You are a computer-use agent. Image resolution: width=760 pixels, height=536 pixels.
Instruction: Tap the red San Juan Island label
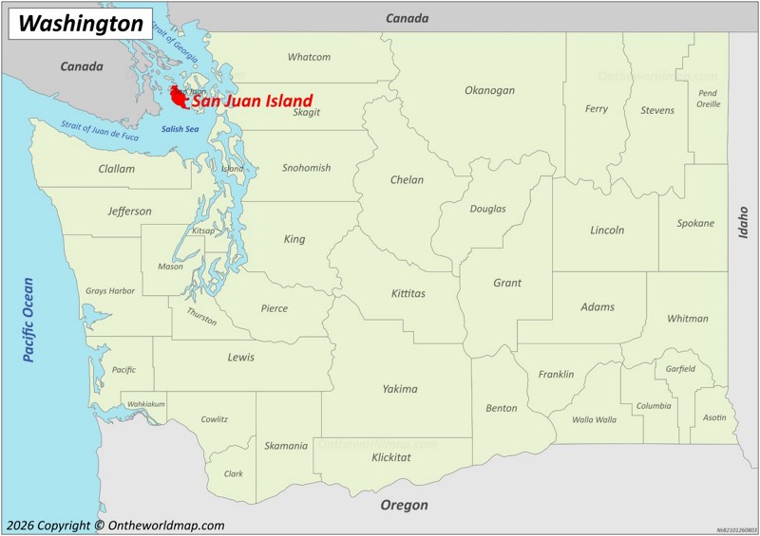tap(252, 100)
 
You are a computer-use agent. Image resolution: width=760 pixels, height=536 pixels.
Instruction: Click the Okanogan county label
tap(489, 90)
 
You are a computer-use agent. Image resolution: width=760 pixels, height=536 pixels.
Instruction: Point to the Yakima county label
tap(400, 389)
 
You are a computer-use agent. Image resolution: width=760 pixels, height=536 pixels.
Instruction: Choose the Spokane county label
tap(695, 223)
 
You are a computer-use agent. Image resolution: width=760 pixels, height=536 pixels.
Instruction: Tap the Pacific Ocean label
tap(28, 319)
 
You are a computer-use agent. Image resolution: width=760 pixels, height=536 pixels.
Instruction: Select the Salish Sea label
tap(180, 129)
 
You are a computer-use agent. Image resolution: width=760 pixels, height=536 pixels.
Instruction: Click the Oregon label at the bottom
tap(404, 505)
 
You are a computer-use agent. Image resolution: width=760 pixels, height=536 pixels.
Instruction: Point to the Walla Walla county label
tap(594, 419)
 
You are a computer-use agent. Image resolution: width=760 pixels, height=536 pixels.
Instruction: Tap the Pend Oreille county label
tap(708, 99)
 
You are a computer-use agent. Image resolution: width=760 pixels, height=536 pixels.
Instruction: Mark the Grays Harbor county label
tap(110, 291)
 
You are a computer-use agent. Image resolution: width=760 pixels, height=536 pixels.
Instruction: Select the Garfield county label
tap(680, 368)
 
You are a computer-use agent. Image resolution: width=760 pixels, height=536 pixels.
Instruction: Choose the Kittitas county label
tap(408, 293)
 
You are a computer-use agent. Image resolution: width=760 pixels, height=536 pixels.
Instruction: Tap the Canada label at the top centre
tap(407, 18)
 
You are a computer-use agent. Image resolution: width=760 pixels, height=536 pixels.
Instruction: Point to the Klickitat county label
tap(391, 457)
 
